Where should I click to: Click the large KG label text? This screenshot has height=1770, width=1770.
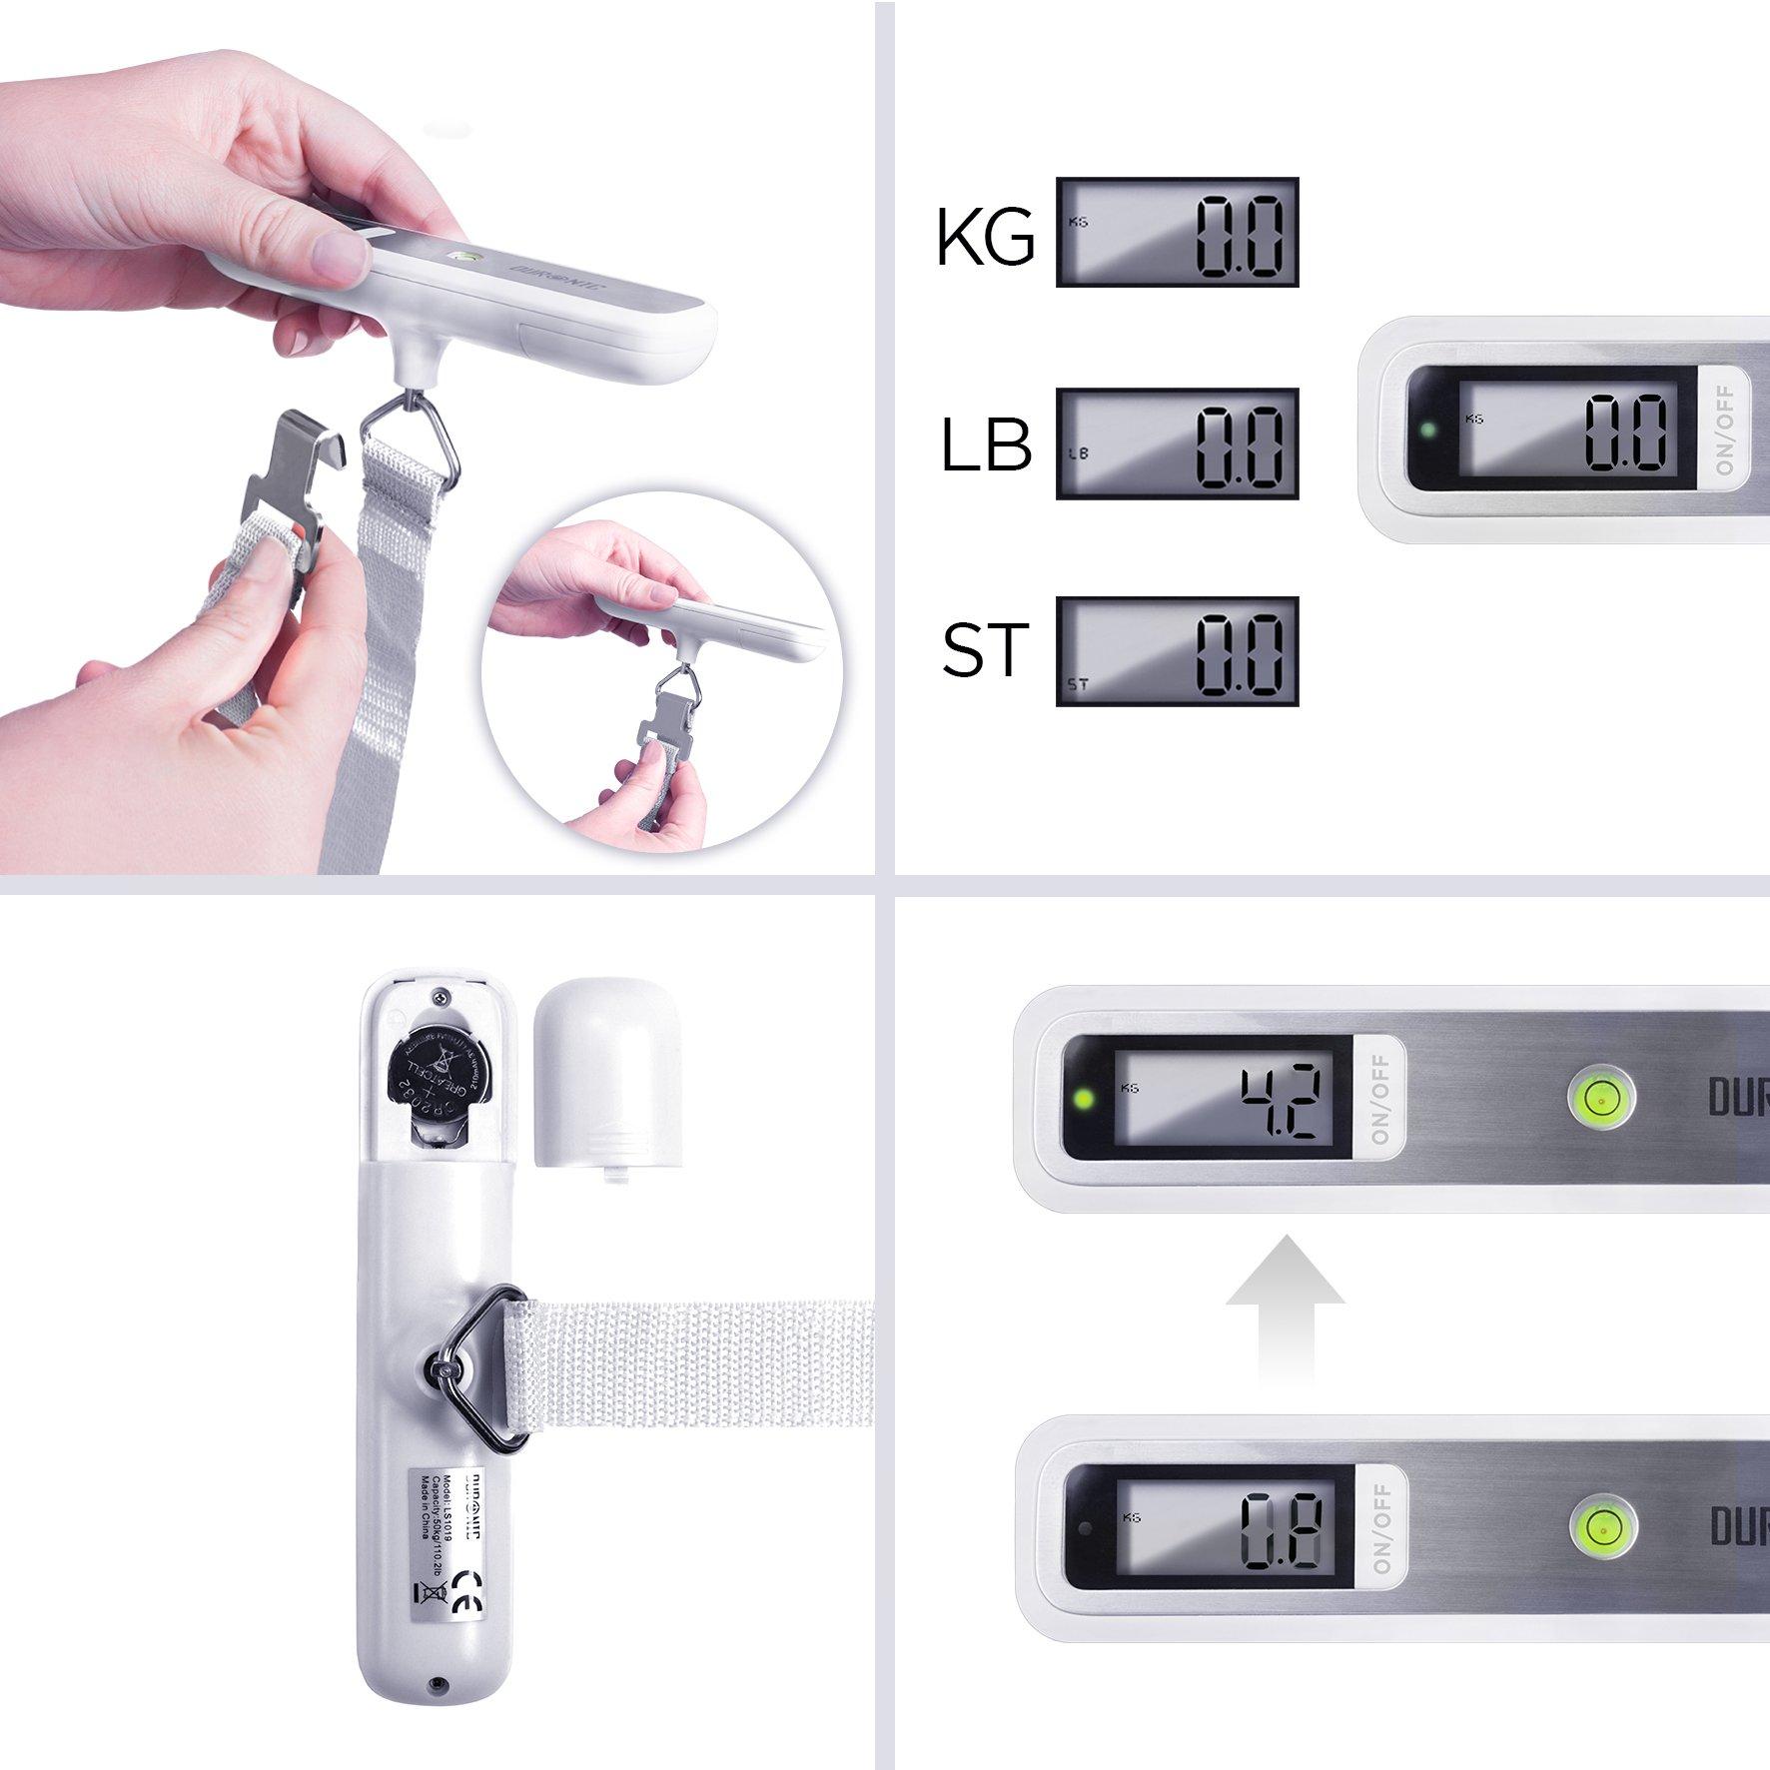(x=985, y=238)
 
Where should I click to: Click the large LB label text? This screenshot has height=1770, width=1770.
(x=985, y=444)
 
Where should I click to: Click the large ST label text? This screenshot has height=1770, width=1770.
(x=985, y=650)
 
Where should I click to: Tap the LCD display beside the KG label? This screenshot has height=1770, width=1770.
(x=1178, y=233)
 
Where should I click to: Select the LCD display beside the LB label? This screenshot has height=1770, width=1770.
(x=1178, y=443)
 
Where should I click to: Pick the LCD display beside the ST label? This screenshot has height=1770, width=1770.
(x=1178, y=651)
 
